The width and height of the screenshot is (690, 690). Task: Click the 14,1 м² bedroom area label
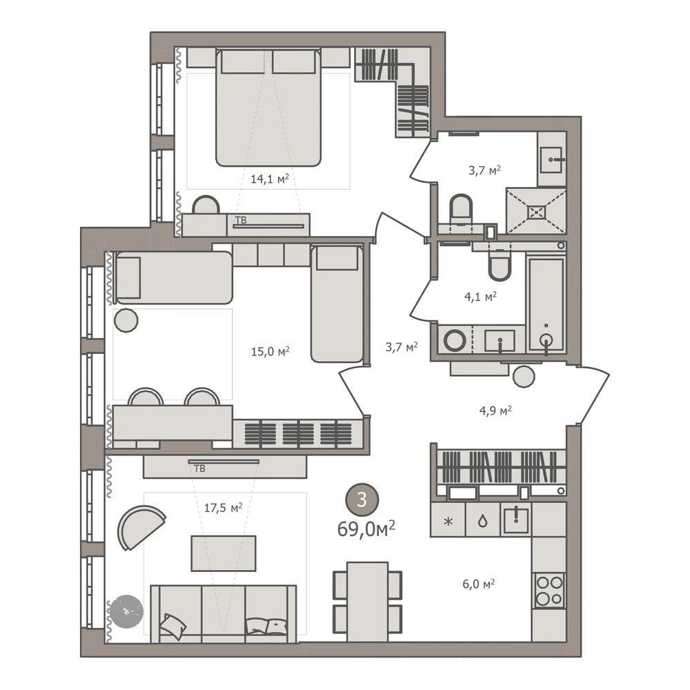(x=270, y=178)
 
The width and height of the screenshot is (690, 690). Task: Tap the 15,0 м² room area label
(x=270, y=351)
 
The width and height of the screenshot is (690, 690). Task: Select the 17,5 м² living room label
(x=223, y=507)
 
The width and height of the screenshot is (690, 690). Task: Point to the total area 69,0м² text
(x=366, y=529)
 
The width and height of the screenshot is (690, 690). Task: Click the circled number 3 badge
(x=362, y=500)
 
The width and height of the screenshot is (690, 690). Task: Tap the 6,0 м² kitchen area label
(x=478, y=584)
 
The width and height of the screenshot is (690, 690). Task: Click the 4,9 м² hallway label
(x=495, y=411)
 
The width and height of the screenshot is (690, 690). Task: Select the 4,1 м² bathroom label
(x=480, y=297)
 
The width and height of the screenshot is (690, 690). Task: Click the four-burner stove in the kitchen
(x=549, y=590)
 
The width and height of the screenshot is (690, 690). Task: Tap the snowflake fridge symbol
(x=448, y=522)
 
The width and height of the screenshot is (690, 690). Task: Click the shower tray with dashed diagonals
(x=536, y=212)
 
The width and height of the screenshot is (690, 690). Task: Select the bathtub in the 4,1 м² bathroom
(x=546, y=305)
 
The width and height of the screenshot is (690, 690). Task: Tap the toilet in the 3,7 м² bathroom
(x=461, y=208)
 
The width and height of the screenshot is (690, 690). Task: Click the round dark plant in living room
(x=126, y=611)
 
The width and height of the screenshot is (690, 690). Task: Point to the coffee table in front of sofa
(x=224, y=553)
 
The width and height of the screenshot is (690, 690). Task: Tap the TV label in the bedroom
(x=241, y=220)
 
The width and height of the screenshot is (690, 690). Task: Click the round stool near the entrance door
(x=524, y=376)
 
